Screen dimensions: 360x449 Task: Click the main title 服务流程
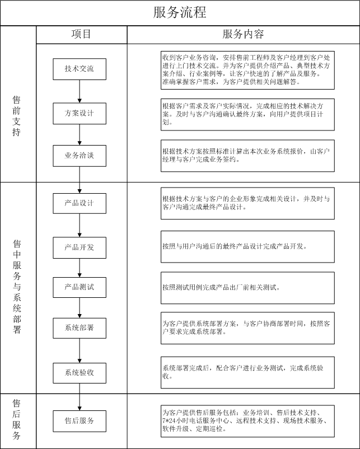pyautogui.click(x=180, y=13)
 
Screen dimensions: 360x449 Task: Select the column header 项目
pyautogui.click(x=81, y=34)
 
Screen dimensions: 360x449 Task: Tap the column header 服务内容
pyautogui.click(x=243, y=34)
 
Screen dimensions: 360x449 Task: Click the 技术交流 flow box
pyautogui.click(x=80, y=69)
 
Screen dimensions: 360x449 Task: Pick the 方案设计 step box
pyautogui.click(x=80, y=114)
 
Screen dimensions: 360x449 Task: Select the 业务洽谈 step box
pyautogui.click(x=80, y=156)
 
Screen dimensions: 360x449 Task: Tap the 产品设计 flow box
pyautogui.click(x=80, y=203)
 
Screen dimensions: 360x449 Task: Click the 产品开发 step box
pyautogui.click(x=80, y=247)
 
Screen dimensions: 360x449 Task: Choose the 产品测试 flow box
pyautogui.click(x=80, y=287)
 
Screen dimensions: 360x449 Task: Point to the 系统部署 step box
pyautogui.click(x=80, y=328)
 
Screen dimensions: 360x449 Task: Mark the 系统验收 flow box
pyautogui.click(x=80, y=373)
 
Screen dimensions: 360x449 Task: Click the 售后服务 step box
pyautogui.click(x=80, y=421)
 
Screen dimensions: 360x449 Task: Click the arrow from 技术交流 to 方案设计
pyautogui.click(x=80, y=91)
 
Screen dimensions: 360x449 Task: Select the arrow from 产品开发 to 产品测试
pyautogui.click(x=80, y=268)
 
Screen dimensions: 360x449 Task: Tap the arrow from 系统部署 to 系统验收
pyautogui.click(x=80, y=351)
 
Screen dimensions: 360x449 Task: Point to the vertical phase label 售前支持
pyautogui.click(x=17, y=116)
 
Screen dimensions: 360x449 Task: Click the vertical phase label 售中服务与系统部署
pyautogui.click(x=17, y=287)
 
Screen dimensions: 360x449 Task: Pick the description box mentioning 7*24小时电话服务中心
pyautogui.click(x=247, y=421)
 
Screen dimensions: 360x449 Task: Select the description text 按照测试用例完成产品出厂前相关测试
pyautogui.click(x=221, y=287)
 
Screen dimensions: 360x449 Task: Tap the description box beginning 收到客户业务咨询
pyautogui.click(x=247, y=70)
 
